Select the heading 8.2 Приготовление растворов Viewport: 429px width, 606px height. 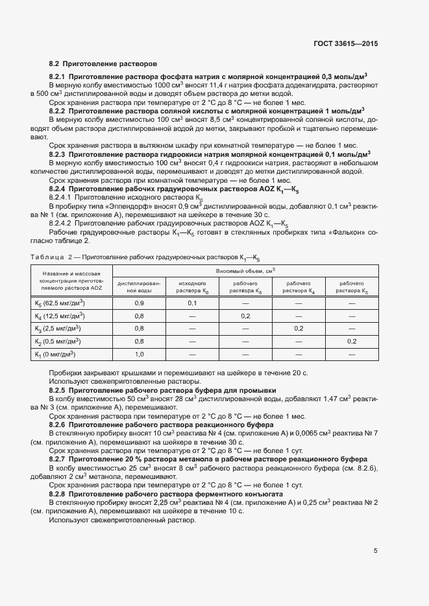(x=103, y=64)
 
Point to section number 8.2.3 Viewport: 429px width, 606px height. (x=60, y=155)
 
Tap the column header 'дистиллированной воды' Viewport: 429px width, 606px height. (x=139, y=287)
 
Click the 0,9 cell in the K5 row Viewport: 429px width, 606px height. (x=139, y=303)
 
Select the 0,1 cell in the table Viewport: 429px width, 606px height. (x=192, y=303)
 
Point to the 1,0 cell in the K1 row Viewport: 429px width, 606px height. (x=139, y=354)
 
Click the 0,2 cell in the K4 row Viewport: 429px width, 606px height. (x=245, y=316)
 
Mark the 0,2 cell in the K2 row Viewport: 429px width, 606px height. (x=352, y=342)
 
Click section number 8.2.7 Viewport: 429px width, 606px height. (x=60, y=458)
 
